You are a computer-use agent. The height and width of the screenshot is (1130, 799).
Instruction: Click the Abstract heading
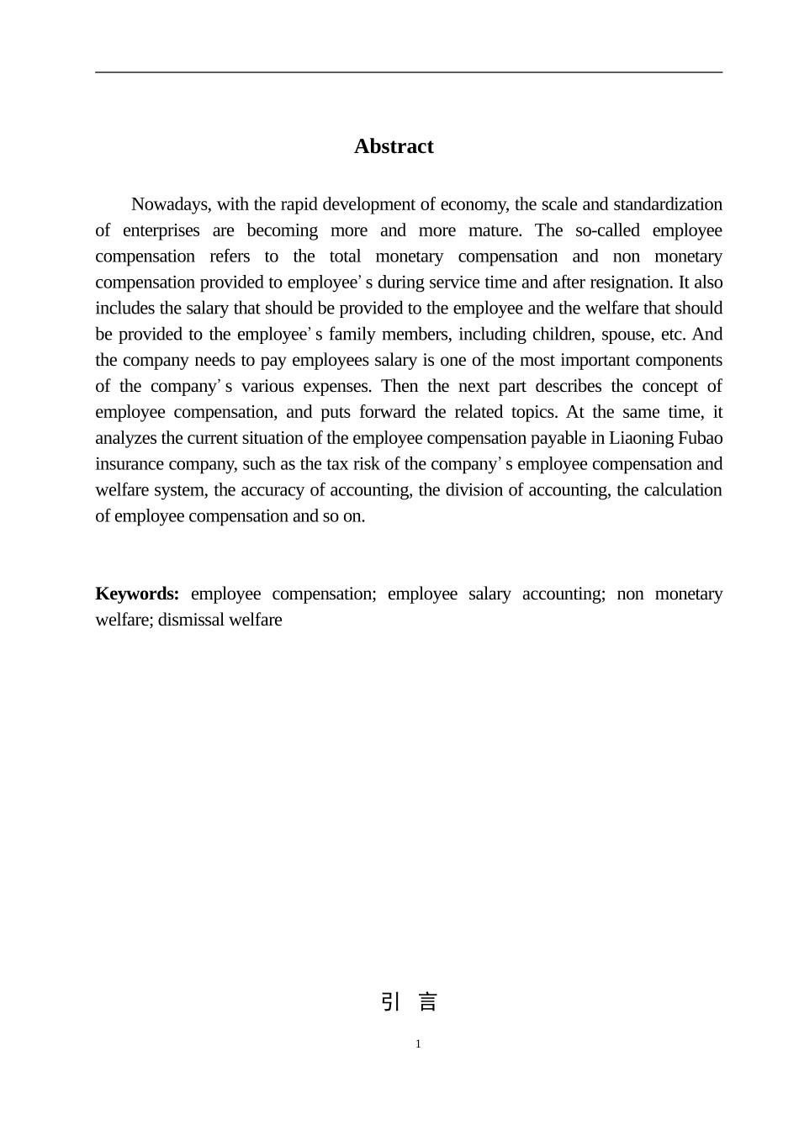pyautogui.click(x=394, y=146)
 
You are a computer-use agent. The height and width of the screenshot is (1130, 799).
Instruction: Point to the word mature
pyautogui.click(x=497, y=230)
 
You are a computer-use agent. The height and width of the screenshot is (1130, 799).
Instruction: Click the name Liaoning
pyautogui.click(x=641, y=439)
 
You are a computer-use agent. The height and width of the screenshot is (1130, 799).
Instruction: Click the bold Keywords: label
pyautogui.click(x=137, y=594)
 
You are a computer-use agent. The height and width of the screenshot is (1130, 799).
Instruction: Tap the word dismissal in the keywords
pyautogui.click(x=187, y=620)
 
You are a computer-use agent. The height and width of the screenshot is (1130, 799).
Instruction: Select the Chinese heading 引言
pyautogui.click(x=410, y=1002)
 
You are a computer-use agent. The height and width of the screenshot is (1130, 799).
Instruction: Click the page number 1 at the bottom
pyautogui.click(x=418, y=1044)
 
